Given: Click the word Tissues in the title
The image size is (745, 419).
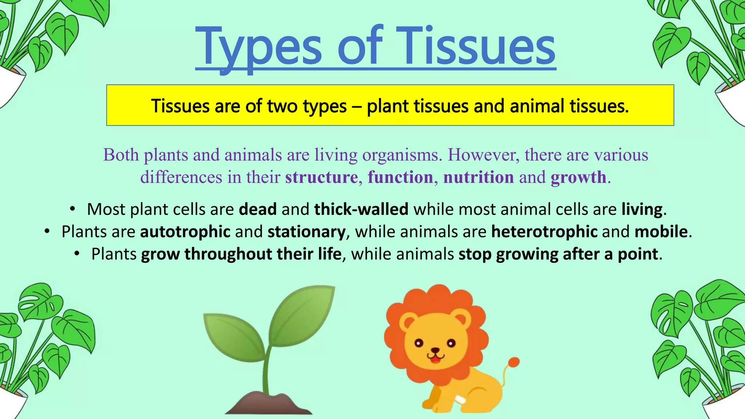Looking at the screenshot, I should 476,47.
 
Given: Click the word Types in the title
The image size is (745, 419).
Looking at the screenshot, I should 258,47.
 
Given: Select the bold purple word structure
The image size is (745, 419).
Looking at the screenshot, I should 322,177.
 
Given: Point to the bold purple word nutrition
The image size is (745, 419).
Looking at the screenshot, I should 478,177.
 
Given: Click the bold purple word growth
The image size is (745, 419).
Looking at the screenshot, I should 578,177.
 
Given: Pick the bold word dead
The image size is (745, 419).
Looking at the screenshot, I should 258,209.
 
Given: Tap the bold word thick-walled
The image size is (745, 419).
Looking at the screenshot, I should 361,209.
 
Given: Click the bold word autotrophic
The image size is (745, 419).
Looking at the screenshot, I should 185,232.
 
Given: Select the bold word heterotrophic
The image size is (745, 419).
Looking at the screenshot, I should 544,232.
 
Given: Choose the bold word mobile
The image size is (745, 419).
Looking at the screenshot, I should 661,232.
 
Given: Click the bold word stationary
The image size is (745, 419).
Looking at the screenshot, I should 306,232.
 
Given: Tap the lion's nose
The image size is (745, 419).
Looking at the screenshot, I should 435,351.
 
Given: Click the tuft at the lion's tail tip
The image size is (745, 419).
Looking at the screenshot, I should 514,362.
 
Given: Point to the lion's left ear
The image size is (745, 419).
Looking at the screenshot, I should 408,321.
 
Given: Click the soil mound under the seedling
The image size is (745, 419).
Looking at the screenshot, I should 269,404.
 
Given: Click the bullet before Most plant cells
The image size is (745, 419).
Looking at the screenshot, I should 72,209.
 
